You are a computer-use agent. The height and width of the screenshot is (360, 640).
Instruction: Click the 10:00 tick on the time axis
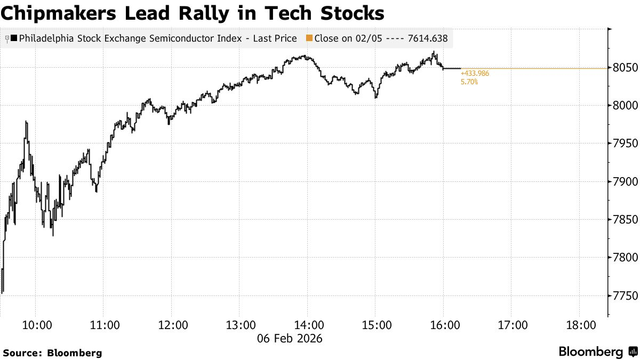[x=36, y=325]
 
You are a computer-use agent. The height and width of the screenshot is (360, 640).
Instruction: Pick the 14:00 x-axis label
[x=308, y=325]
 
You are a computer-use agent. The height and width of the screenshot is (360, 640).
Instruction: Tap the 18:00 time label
[x=580, y=325]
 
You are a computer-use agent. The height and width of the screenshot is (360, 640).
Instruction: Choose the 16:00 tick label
[x=444, y=325]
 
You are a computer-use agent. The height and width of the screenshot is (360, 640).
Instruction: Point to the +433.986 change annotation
[x=475, y=74]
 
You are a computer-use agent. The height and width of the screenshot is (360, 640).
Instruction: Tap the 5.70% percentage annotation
[x=469, y=82]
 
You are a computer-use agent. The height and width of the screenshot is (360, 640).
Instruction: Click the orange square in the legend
[x=309, y=38]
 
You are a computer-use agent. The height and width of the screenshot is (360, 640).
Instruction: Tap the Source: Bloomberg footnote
[x=52, y=353]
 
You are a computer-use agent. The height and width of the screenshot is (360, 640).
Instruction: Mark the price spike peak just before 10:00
[x=26, y=122]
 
